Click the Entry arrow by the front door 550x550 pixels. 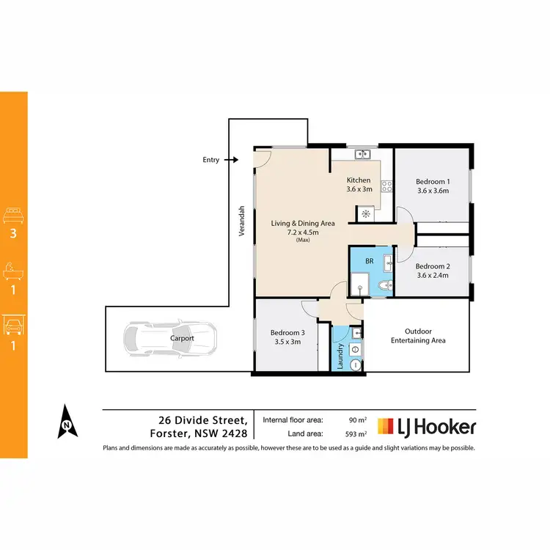tap(231, 159)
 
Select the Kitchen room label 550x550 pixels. tap(359, 180)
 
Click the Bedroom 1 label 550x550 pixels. tap(432, 182)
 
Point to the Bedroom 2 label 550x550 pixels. tap(431, 266)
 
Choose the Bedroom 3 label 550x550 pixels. tap(285, 331)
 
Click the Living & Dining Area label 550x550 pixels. tap(303, 223)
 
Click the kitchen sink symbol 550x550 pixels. tap(362, 155)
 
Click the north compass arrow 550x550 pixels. tap(66, 422)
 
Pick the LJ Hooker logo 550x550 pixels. tap(426, 427)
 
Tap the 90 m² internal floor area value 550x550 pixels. tap(355, 420)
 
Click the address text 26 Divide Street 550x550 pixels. tap(202, 420)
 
